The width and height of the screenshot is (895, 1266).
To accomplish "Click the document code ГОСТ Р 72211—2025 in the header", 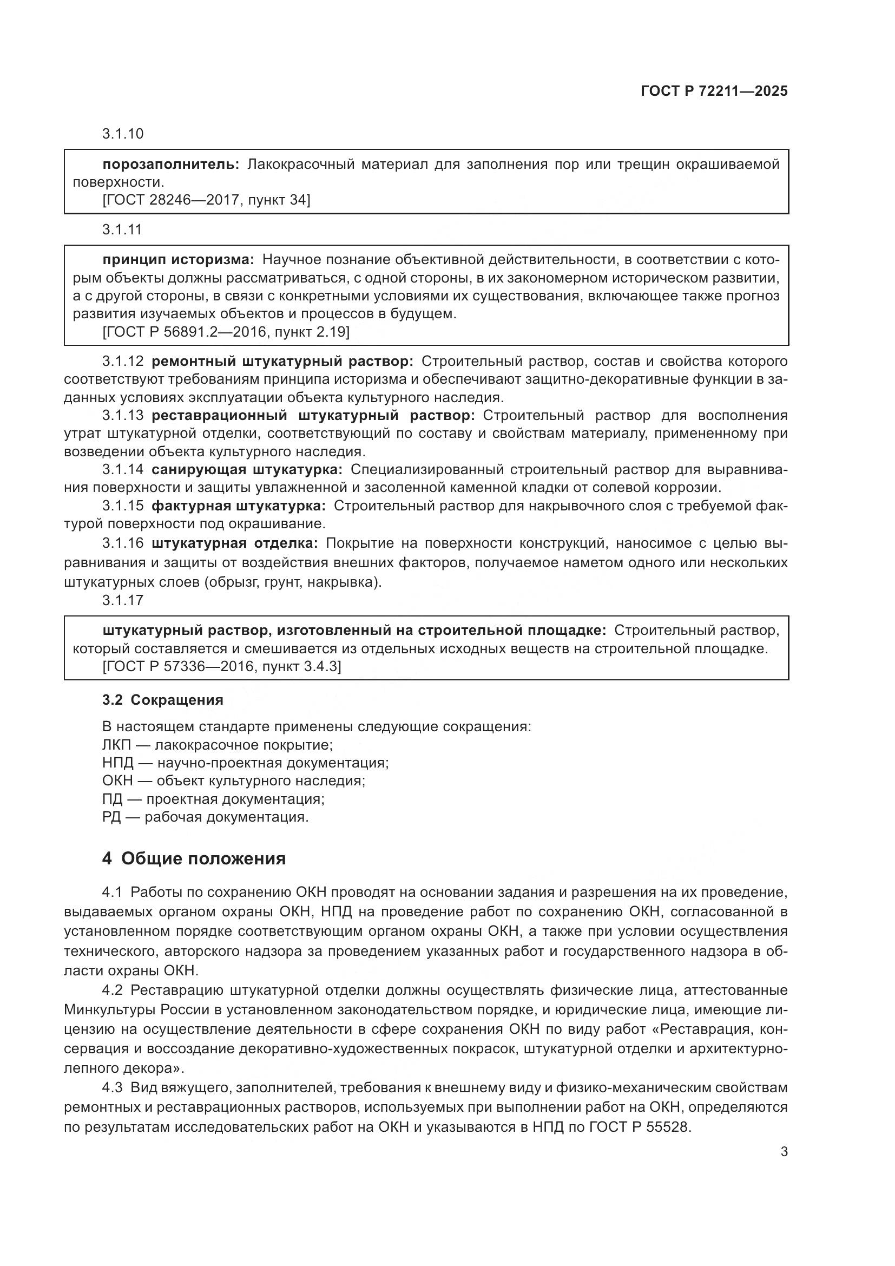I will click(x=714, y=91).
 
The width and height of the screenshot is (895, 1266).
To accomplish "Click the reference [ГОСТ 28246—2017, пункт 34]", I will click(x=206, y=200).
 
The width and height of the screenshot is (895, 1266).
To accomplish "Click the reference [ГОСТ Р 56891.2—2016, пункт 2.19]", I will click(x=226, y=332).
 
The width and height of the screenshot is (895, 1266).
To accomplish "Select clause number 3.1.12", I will click(x=122, y=361).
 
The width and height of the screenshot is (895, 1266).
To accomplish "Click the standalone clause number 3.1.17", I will click(x=122, y=600).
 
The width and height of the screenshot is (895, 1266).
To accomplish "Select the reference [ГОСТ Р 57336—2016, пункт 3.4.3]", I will click(x=221, y=667).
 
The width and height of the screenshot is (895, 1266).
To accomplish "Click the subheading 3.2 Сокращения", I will click(x=162, y=700).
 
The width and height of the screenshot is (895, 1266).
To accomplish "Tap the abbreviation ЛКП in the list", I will click(x=116, y=745).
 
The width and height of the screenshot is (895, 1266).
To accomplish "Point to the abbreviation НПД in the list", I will click(x=117, y=763).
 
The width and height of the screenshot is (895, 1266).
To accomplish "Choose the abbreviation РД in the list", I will click(x=111, y=817).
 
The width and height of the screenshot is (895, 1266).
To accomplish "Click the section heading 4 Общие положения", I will click(x=194, y=858).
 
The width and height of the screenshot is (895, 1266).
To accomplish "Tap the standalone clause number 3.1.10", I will click(x=122, y=134).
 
